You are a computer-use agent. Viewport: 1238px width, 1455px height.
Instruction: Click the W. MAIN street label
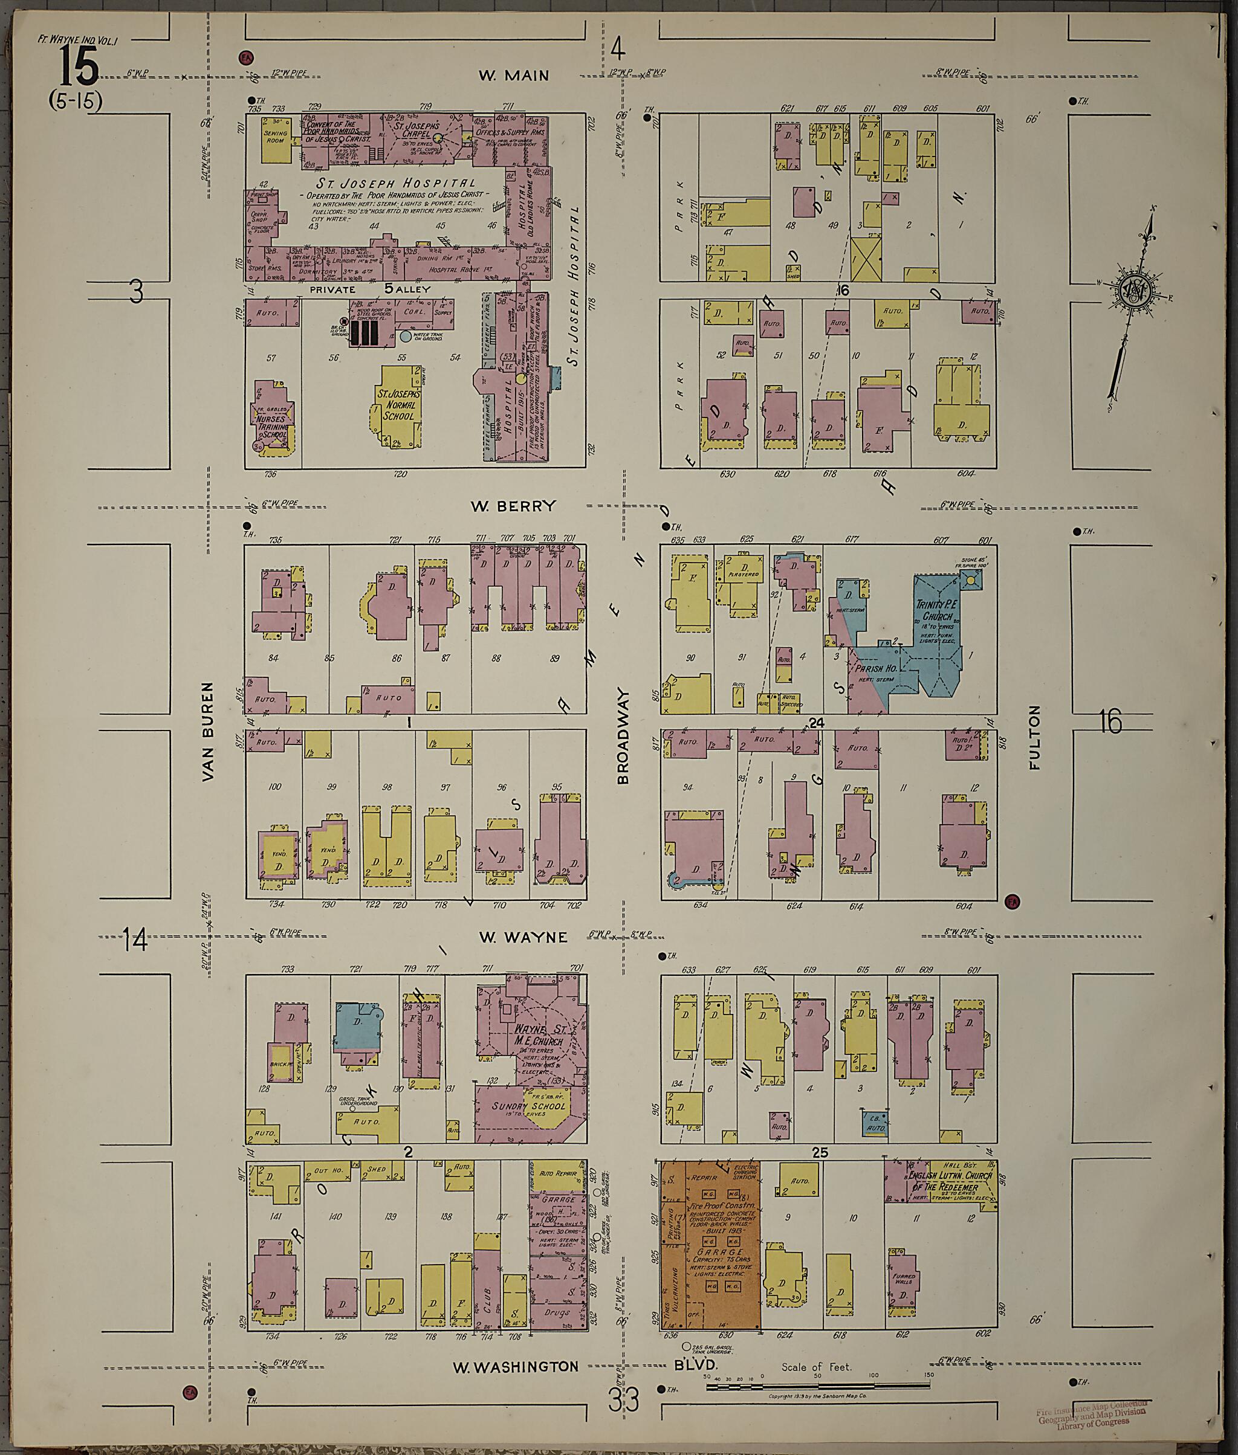coord(514,75)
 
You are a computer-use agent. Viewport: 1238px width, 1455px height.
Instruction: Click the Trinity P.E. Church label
coord(936,610)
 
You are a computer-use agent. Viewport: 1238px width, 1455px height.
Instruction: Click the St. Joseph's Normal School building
coord(397,405)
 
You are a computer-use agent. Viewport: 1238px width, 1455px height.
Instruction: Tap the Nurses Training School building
coord(274,423)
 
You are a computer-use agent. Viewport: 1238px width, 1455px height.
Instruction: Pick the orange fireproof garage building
coord(710,1245)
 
